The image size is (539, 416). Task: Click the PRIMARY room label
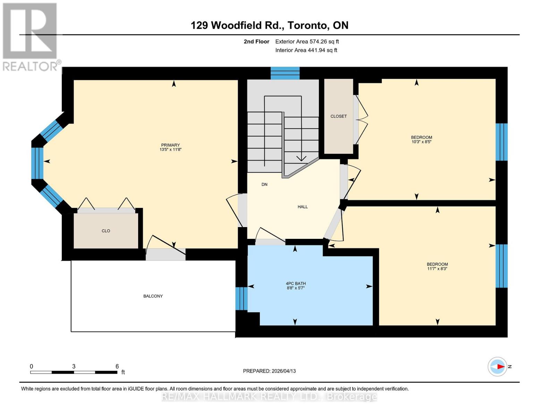[x=170, y=145]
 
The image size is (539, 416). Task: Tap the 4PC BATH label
[x=296, y=284]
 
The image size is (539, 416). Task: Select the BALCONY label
[x=153, y=296]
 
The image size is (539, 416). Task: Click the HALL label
[x=303, y=207]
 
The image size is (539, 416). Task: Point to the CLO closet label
[x=106, y=231]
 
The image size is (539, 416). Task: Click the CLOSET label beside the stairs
[x=338, y=116]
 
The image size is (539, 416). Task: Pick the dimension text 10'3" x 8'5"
[x=421, y=142]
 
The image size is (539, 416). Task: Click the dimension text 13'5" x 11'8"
[x=170, y=150]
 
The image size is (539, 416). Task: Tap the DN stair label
[x=264, y=184]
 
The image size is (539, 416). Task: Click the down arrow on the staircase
[x=301, y=158]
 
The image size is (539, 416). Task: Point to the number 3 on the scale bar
[x=74, y=366]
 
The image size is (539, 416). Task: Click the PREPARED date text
[x=269, y=371]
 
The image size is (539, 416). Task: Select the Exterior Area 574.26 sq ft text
[x=307, y=42]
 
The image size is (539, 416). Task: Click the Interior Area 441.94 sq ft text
[x=306, y=50]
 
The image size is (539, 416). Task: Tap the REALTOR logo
[x=31, y=36]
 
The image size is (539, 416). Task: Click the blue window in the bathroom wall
[x=242, y=298]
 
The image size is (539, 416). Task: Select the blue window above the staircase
[x=285, y=73]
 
